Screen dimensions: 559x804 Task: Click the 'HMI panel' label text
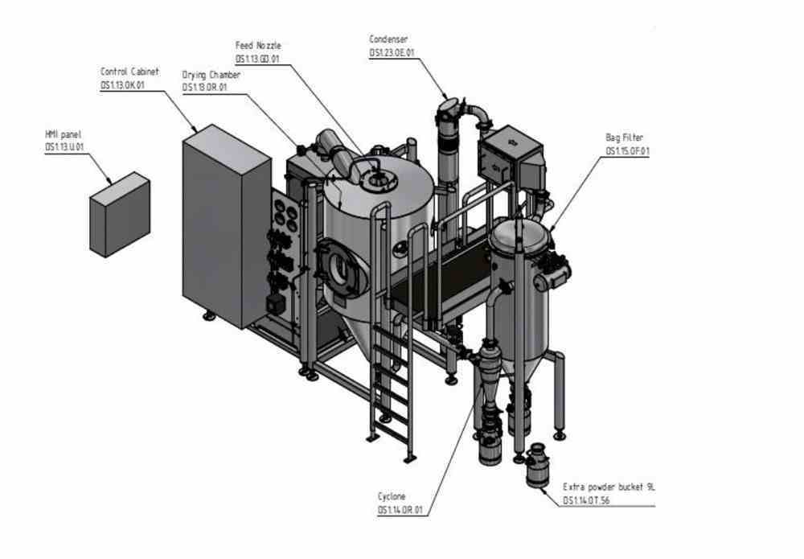64,134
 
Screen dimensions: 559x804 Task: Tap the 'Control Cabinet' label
129,72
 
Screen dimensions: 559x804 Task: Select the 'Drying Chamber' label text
211,75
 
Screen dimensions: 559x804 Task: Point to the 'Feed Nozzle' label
258,46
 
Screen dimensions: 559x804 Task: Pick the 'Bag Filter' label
624,138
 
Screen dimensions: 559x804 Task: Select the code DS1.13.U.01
64,146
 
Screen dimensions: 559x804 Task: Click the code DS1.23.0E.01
392,52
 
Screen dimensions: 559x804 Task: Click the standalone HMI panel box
119,214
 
